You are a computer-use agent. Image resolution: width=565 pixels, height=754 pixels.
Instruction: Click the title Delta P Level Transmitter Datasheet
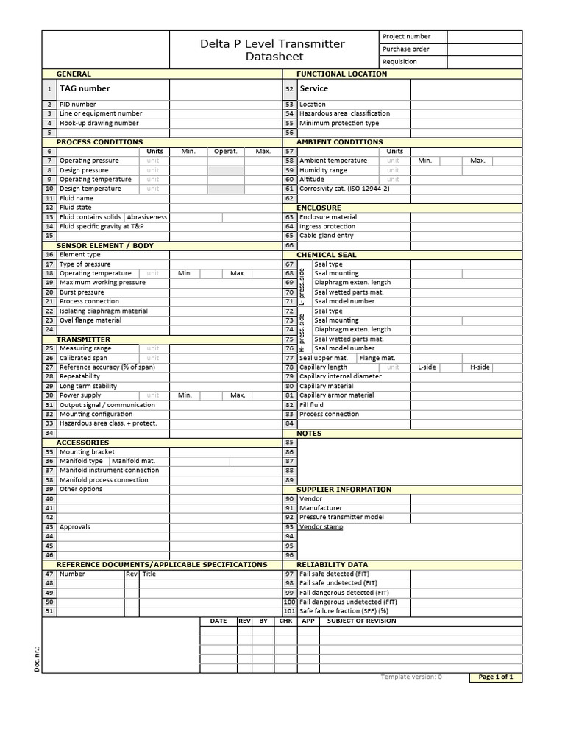click(x=273, y=50)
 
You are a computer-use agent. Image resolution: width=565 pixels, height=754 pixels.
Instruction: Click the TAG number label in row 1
click(x=85, y=88)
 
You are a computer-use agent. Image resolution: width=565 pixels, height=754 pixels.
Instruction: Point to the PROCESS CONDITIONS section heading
click(x=99, y=141)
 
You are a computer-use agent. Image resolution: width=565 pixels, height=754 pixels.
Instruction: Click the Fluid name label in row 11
click(x=77, y=198)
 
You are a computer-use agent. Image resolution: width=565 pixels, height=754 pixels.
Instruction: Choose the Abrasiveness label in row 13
click(x=147, y=217)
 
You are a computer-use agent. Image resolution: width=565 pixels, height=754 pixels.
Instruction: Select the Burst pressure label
click(x=82, y=292)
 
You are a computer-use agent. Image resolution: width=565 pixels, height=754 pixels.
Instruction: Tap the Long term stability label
click(x=88, y=386)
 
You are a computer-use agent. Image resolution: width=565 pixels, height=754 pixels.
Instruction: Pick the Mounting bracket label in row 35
click(x=87, y=452)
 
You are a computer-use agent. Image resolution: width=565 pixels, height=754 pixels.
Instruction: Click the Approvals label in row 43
click(x=75, y=527)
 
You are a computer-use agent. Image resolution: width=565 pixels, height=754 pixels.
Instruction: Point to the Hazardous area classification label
click(x=345, y=113)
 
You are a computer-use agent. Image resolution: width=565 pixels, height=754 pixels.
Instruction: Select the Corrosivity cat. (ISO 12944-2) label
click(x=344, y=188)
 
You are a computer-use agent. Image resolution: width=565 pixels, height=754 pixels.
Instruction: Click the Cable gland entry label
click(x=327, y=236)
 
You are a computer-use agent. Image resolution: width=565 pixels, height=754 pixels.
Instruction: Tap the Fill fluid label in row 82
click(x=312, y=405)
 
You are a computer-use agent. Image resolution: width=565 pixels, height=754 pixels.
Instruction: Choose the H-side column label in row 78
click(x=480, y=367)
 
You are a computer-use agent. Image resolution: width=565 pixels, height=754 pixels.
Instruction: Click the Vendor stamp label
click(x=321, y=527)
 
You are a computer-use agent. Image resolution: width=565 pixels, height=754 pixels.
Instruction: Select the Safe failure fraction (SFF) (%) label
click(x=344, y=611)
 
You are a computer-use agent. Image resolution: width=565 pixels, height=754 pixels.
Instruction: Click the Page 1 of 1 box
click(x=495, y=677)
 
